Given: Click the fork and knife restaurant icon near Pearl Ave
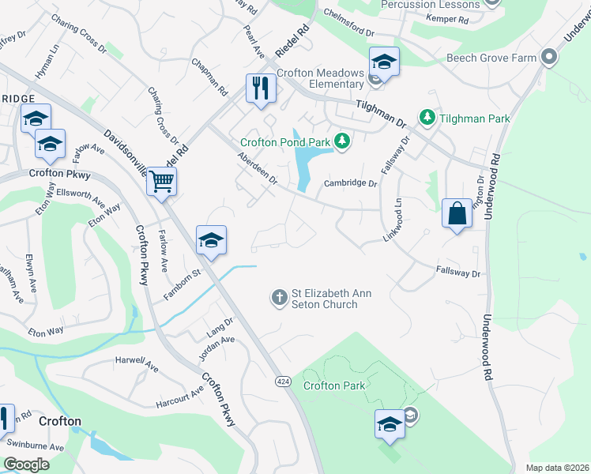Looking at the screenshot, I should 261,87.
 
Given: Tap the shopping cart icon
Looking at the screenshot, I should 161,182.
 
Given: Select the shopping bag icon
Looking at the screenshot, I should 457,213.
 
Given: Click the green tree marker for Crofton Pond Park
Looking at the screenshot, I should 342,141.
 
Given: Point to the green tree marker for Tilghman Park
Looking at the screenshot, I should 427,118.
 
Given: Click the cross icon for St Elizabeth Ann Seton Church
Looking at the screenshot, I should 279,298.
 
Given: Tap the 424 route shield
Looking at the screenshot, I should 281,381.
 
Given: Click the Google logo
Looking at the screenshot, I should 27,464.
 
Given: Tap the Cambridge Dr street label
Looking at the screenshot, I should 352,183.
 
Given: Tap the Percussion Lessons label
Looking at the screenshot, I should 430,5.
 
